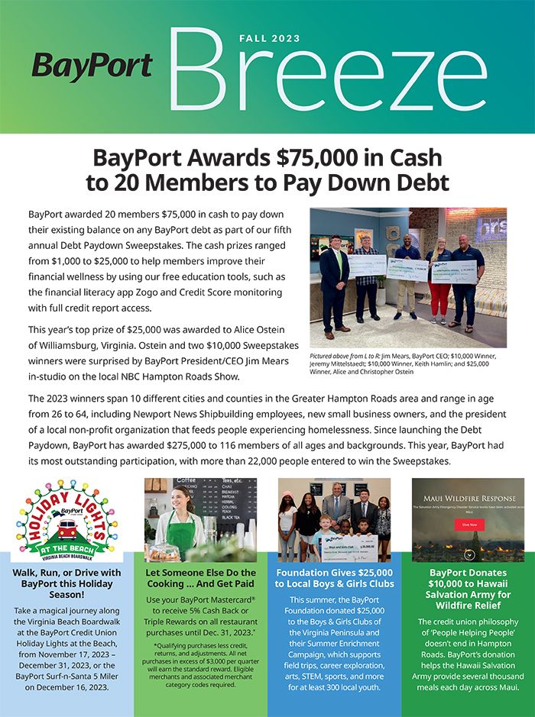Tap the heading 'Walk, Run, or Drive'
[66, 578]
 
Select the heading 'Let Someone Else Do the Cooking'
[200, 578]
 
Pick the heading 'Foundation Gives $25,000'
[334, 578]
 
